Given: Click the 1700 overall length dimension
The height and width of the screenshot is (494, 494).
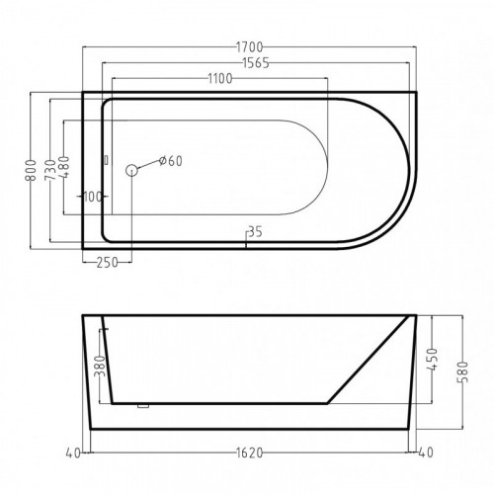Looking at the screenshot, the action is point(250,47).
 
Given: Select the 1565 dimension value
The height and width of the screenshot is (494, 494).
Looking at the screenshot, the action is point(256,63).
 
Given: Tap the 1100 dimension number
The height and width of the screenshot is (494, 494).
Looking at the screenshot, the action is point(220,79).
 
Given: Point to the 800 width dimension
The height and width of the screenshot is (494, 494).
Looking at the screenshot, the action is point(31,170).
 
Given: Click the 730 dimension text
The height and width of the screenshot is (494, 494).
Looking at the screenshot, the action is point(49,170).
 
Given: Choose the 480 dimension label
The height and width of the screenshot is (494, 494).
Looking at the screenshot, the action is point(64,167).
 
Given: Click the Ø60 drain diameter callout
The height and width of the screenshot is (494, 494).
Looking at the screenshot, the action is point(170,161).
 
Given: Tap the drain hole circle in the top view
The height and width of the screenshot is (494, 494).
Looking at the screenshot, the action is point(131,170).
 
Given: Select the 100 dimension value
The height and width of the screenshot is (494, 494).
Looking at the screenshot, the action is point(93,197).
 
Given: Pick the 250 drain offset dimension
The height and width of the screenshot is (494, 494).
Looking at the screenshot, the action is point(107,263).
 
